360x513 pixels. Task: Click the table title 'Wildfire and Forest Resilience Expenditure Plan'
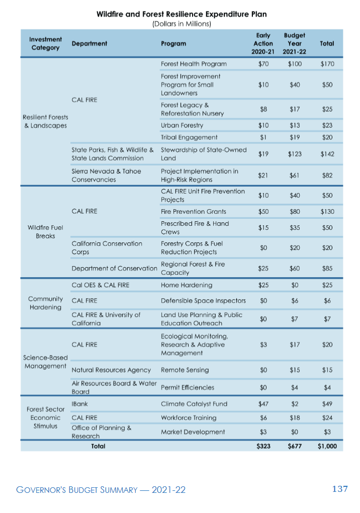click(182, 14)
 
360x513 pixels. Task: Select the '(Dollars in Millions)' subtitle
click(182, 24)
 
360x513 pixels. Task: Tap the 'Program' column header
click(173, 44)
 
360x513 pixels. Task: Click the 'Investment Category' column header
click(45, 44)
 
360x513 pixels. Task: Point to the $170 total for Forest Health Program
click(327, 64)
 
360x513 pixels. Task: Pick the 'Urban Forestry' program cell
click(182, 125)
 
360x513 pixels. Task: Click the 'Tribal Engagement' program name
click(189, 137)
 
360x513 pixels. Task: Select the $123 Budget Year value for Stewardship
click(295, 154)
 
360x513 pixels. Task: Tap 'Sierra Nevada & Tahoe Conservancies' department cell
click(106, 176)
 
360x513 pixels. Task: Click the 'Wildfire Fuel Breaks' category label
click(45, 232)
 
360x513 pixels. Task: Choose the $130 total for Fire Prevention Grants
click(327, 212)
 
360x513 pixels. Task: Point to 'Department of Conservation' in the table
click(115, 268)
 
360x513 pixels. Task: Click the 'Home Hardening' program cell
click(187, 285)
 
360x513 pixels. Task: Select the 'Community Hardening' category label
click(45, 303)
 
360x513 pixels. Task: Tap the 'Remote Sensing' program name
click(185, 370)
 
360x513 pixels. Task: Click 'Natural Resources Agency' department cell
click(111, 370)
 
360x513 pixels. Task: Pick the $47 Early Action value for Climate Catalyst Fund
click(263, 404)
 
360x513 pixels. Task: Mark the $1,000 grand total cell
click(327, 446)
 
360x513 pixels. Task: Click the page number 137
click(340, 489)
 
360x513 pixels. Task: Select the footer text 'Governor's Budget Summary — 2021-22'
click(101, 490)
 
